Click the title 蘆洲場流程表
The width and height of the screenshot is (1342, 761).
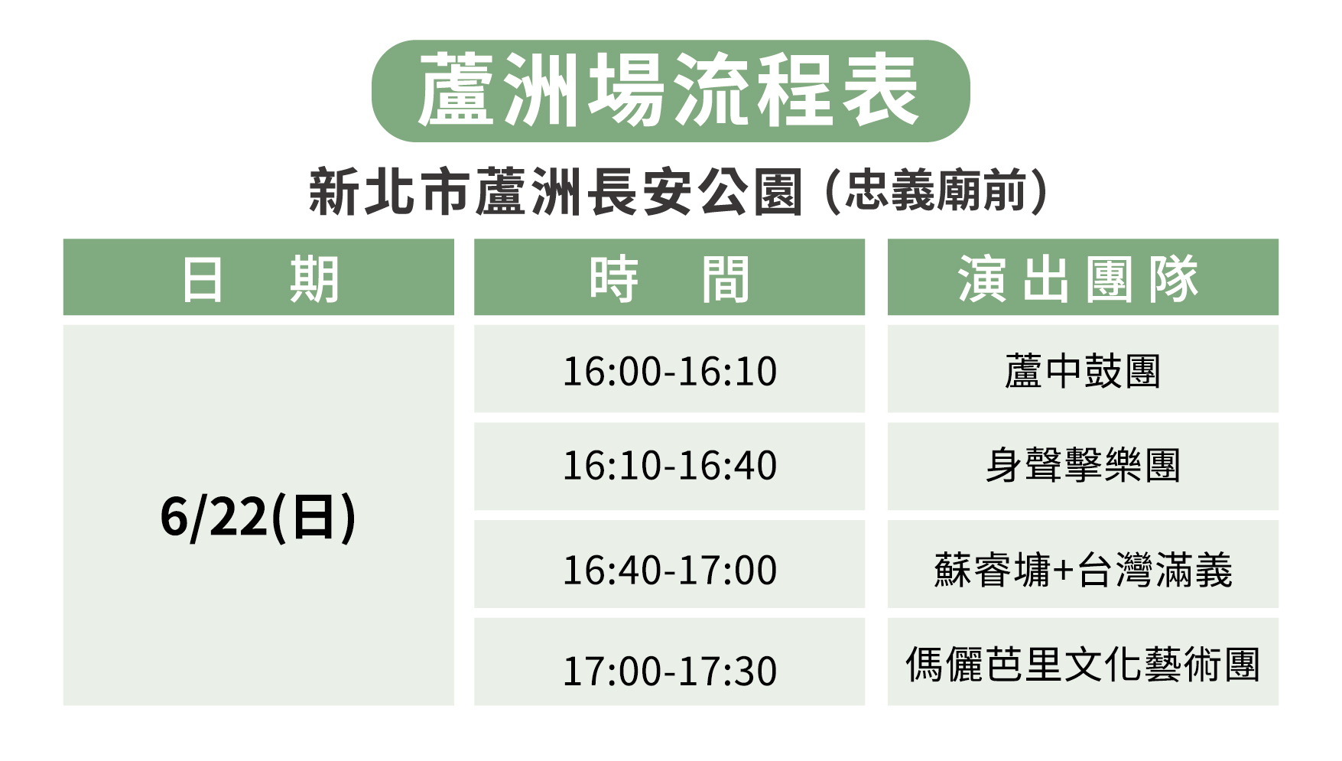(x=669, y=90)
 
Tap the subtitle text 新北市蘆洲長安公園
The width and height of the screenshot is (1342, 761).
(x=556, y=191)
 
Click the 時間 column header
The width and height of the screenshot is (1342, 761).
(x=669, y=278)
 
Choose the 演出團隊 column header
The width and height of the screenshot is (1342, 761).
(x=1079, y=278)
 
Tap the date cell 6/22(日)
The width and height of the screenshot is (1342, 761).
(x=258, y=517)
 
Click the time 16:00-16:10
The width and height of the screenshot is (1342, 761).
(x=670, y=372)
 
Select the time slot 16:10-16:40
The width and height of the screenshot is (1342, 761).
(x=670, y=466)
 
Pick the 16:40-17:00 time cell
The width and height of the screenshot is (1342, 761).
(x=670, y=571)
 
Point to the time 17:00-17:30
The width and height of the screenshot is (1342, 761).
(x=670, y=672)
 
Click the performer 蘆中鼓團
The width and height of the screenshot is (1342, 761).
(x=1083, y=372)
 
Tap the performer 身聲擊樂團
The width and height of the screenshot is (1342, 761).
(x=1083, y=465)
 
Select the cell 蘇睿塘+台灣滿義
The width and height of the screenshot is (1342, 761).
(x=1083, y=571)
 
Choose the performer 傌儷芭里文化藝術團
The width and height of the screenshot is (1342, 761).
(x=1083, y=664)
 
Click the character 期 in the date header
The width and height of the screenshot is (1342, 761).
(x=314, y=279)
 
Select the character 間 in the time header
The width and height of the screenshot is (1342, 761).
(x=726, y=279)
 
